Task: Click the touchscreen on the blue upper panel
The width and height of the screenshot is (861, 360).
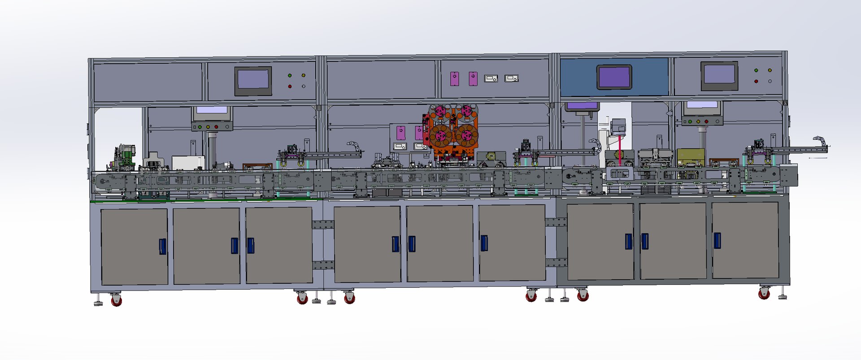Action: coord(614,77)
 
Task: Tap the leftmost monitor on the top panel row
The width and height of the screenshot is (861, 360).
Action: coord(253,81)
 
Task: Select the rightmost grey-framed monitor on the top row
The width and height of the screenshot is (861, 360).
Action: coord(719,75)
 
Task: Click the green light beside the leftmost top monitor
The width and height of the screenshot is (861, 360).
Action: coord(290,75)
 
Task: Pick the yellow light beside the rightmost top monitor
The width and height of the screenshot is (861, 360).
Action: coord(770,70)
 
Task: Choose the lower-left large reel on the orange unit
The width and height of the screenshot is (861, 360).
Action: coord(440,135)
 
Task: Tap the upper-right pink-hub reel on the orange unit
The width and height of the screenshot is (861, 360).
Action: coord(466,111)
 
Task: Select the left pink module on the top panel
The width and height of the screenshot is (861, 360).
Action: coord(454,79)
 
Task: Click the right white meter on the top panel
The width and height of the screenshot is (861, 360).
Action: coord(511,78)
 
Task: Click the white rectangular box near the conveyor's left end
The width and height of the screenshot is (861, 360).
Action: coord(188,162)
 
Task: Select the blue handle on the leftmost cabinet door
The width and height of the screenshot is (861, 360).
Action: coord(162,246)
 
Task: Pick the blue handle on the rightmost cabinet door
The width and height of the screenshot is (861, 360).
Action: coord(717,240)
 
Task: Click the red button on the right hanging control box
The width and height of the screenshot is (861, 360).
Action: coord(706,121)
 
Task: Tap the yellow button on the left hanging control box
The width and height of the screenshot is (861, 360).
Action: coord(208,127)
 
